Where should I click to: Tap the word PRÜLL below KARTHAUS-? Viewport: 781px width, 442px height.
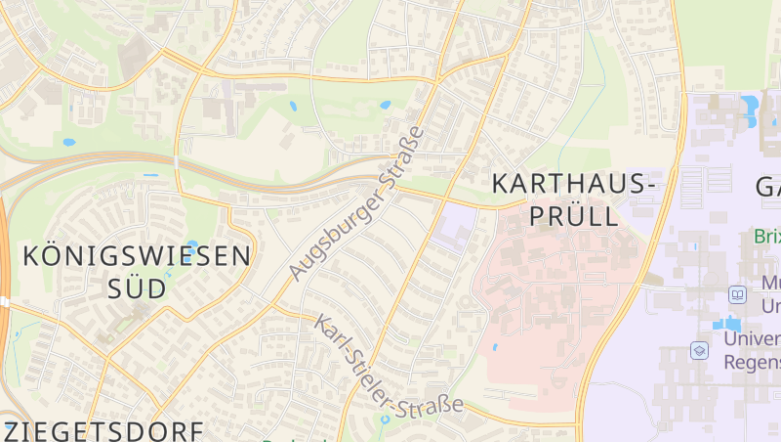coord(571,216)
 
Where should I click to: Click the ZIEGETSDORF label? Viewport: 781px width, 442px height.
coord(103,431)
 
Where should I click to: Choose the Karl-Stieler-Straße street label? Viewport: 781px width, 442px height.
coord(388,364)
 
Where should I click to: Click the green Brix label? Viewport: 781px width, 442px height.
coord(766,237)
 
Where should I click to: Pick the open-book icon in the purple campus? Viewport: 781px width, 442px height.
coord(737,294)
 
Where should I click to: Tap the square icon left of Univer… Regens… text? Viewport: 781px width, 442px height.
coord(699,349)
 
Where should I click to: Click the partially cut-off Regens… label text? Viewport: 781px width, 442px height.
coord(752,360)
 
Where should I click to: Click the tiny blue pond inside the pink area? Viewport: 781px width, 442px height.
coord(495,346)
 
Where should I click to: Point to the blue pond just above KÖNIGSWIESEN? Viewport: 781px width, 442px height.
coord(191,244)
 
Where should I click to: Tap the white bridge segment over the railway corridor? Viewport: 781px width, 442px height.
coord(177,161)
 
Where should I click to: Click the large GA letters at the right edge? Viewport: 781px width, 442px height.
coord(767,185)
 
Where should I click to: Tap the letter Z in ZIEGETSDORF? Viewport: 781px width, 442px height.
coord(14,431)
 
